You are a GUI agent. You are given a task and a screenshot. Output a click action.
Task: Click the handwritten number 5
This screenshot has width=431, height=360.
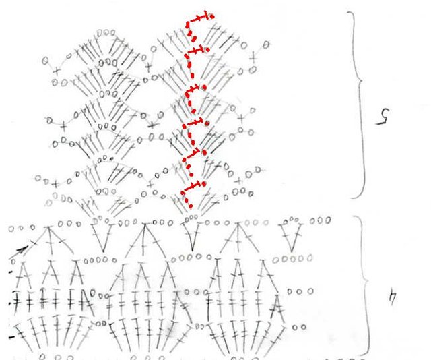tap(383, 117)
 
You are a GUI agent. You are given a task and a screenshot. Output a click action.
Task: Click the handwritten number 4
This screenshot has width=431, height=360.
tap(393, 298)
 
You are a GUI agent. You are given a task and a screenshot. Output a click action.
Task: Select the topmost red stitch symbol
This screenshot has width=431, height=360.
tap(201, 17)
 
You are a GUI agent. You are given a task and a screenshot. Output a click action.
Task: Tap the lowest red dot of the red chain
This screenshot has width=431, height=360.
tap(190, 206)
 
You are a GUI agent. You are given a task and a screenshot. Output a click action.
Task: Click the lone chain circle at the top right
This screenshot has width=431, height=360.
tap(266, 44)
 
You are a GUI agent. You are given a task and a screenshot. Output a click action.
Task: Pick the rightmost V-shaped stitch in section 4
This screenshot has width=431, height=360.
tap(292, 237)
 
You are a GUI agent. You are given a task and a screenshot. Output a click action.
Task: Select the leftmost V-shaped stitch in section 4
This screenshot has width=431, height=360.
tap(102, 237)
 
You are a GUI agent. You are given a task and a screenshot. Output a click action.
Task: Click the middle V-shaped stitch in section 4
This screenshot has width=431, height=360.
tap(192, 237)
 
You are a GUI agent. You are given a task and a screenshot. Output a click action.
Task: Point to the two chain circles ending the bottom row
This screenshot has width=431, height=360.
tap(299, 327)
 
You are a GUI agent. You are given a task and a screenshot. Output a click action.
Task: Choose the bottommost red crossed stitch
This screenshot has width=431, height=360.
tap(193, 187)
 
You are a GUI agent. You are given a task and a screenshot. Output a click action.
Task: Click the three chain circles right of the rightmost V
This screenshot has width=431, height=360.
tap(321, 220)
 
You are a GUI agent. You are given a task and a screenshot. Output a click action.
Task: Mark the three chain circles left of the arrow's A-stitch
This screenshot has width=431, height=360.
tap(22, 228)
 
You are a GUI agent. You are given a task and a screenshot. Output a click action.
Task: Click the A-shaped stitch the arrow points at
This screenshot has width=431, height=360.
tap(50, 240)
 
